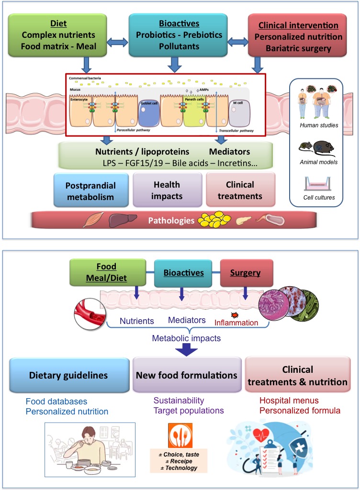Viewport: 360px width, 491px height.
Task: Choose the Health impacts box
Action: click(x=167, y=190)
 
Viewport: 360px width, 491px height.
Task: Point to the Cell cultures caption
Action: click(x=318, y=197)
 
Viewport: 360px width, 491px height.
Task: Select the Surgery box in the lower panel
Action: click(x=246, y=273)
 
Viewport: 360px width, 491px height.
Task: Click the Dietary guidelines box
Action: click(x=68, y=375)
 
